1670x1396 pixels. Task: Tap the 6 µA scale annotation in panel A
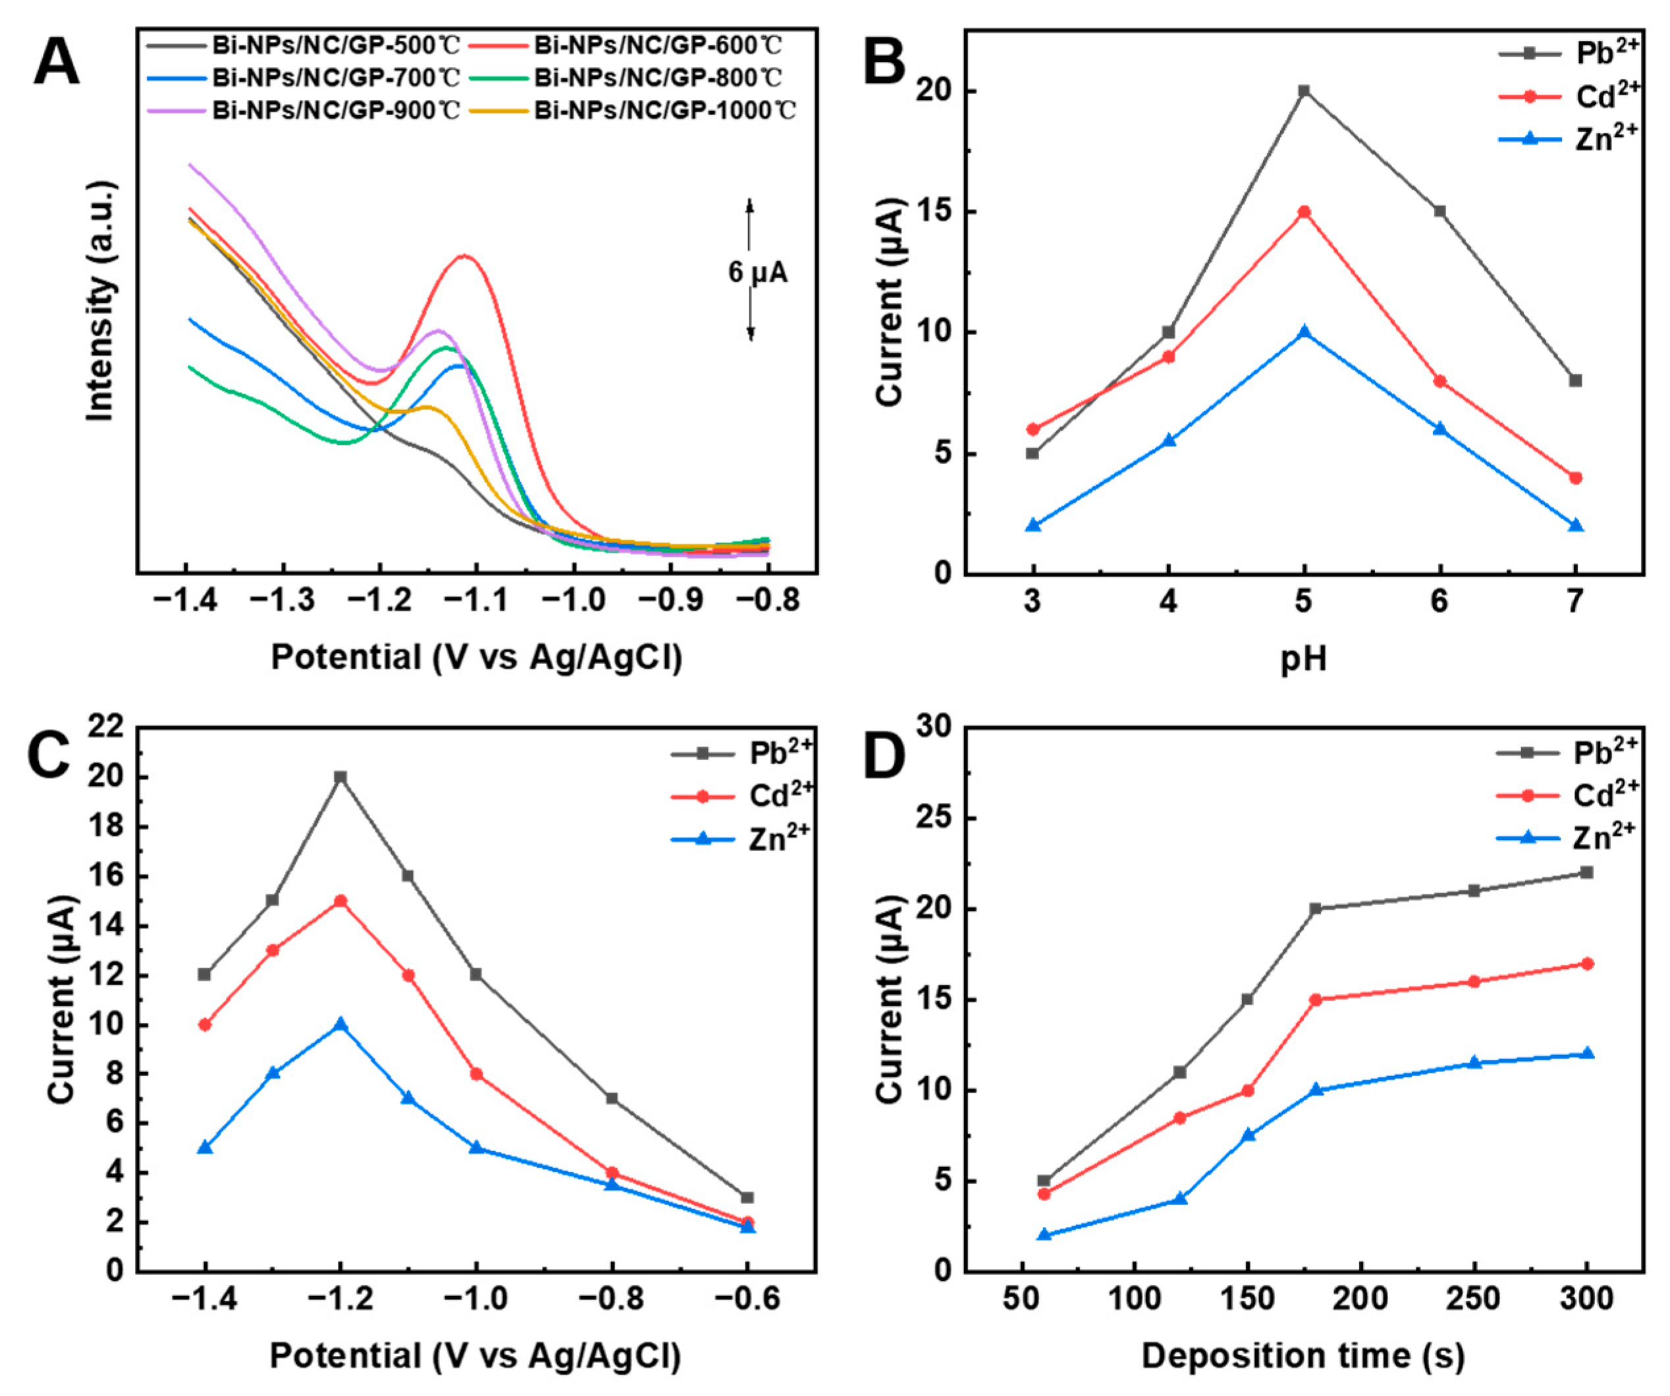(757, 272)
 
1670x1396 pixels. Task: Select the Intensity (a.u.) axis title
(102, 301)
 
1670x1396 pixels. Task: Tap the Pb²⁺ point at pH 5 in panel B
(1304, 91)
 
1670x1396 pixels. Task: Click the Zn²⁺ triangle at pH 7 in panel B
(1575, 525)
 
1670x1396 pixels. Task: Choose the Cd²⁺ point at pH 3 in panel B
(1033, 429)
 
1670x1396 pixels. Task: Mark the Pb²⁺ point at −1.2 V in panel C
(340, 777)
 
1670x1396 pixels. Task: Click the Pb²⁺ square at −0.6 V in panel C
(747, 1197)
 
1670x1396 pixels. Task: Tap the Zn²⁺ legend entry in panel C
(778, 839)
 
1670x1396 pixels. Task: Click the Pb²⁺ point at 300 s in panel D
(1586, 872)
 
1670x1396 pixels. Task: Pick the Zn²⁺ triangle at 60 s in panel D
(1044, 1235)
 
